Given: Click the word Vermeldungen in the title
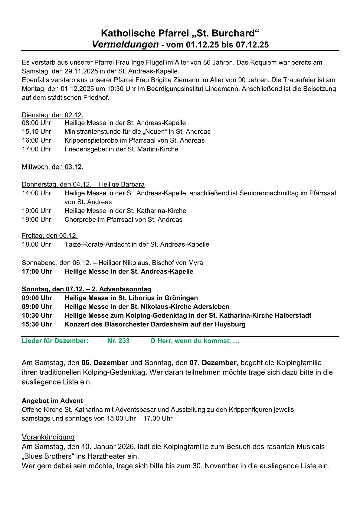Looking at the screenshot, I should [125, 44].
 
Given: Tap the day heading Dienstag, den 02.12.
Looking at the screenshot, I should [52, 115].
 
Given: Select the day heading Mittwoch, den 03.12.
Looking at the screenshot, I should [52, 167].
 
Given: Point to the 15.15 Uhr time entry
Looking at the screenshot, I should [36, 131].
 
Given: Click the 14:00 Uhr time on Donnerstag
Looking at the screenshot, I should [36, 193].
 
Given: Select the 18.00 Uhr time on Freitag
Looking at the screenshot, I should [36, 245].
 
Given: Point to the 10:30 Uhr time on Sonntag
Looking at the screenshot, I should [37, 316].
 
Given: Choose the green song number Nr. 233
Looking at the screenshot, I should [119, 341].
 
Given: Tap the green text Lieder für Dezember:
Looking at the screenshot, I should [55, 341].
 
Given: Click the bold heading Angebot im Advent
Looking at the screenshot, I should [52, 401].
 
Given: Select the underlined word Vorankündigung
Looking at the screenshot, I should [48, 437].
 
